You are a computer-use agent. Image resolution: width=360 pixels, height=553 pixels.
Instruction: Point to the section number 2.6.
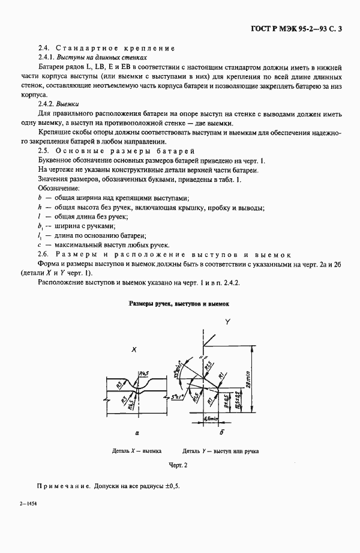coord(43,255)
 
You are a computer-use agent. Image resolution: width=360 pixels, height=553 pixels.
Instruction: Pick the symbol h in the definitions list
coord(38,207)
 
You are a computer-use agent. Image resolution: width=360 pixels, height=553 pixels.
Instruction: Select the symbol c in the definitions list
coord(38,244)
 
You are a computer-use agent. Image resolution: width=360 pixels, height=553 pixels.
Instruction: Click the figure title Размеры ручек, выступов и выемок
coord(179,304)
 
